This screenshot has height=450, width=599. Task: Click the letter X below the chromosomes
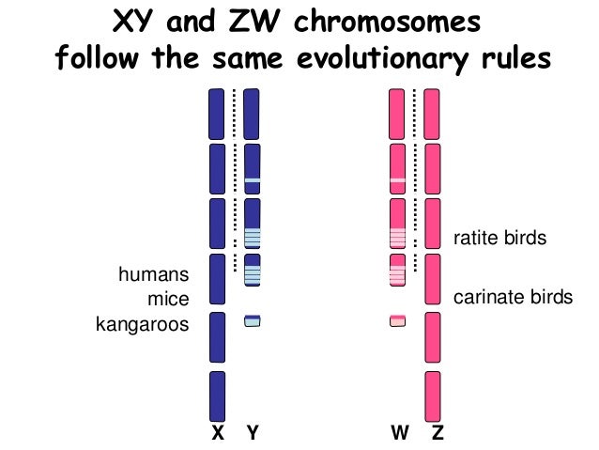[217, 434]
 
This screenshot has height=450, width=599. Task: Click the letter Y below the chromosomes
[252, 434]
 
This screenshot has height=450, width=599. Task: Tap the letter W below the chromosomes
[398, 434]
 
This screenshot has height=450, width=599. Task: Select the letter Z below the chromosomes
[434, 434]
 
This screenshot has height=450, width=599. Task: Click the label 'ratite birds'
[499, 239]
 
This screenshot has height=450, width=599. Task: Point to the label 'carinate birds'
[512, 298]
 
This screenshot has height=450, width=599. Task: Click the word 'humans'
[153, 275]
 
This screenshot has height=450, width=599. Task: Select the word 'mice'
[170, 300]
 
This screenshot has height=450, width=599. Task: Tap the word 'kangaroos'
[143, 325]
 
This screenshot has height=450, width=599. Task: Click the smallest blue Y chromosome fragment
[252, 320]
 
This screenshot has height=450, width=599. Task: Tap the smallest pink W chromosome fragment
[398, 320]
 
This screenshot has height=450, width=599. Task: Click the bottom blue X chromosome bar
[217, 396]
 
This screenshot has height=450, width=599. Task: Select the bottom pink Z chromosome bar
[432, 396]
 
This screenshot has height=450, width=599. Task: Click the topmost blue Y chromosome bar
[252, 112]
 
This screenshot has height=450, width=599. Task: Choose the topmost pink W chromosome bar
[398, 112]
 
